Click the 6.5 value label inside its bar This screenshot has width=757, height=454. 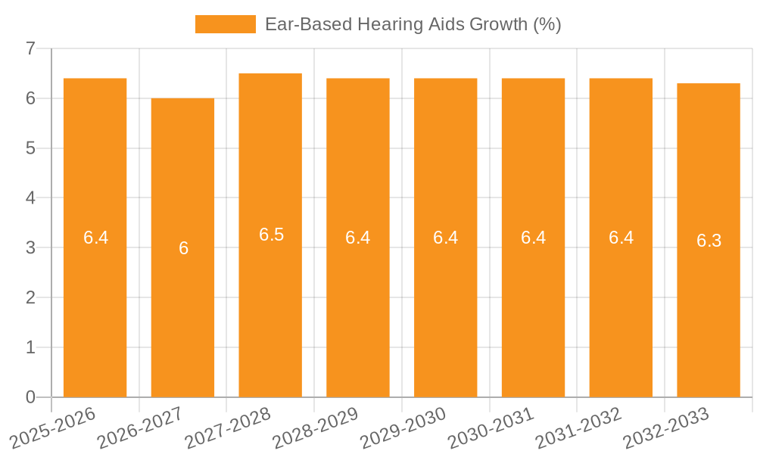point(271,235)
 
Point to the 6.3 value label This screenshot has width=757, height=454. point(709,241)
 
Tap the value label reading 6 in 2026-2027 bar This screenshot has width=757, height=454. point(183,248)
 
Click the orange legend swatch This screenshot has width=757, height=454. point(225,24)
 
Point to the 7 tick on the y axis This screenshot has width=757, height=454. point(30,48)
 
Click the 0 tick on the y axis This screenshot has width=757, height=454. point(30,397)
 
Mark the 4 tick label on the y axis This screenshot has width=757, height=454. point(30,197)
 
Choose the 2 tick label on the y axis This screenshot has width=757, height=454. point(30,297)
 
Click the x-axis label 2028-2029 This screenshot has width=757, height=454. point(316,428)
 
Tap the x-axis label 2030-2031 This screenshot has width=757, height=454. point(491,428)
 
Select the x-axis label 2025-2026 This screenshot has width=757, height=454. point(53,428)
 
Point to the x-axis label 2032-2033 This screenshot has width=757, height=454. point(666,428)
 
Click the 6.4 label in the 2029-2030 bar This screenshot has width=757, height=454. point(446,238)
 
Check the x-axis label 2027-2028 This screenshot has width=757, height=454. point(229,428)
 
